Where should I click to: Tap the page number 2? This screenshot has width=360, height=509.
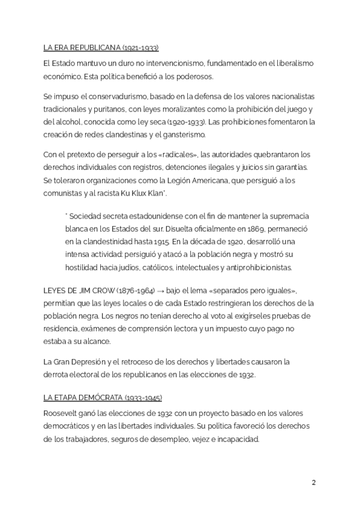314,483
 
